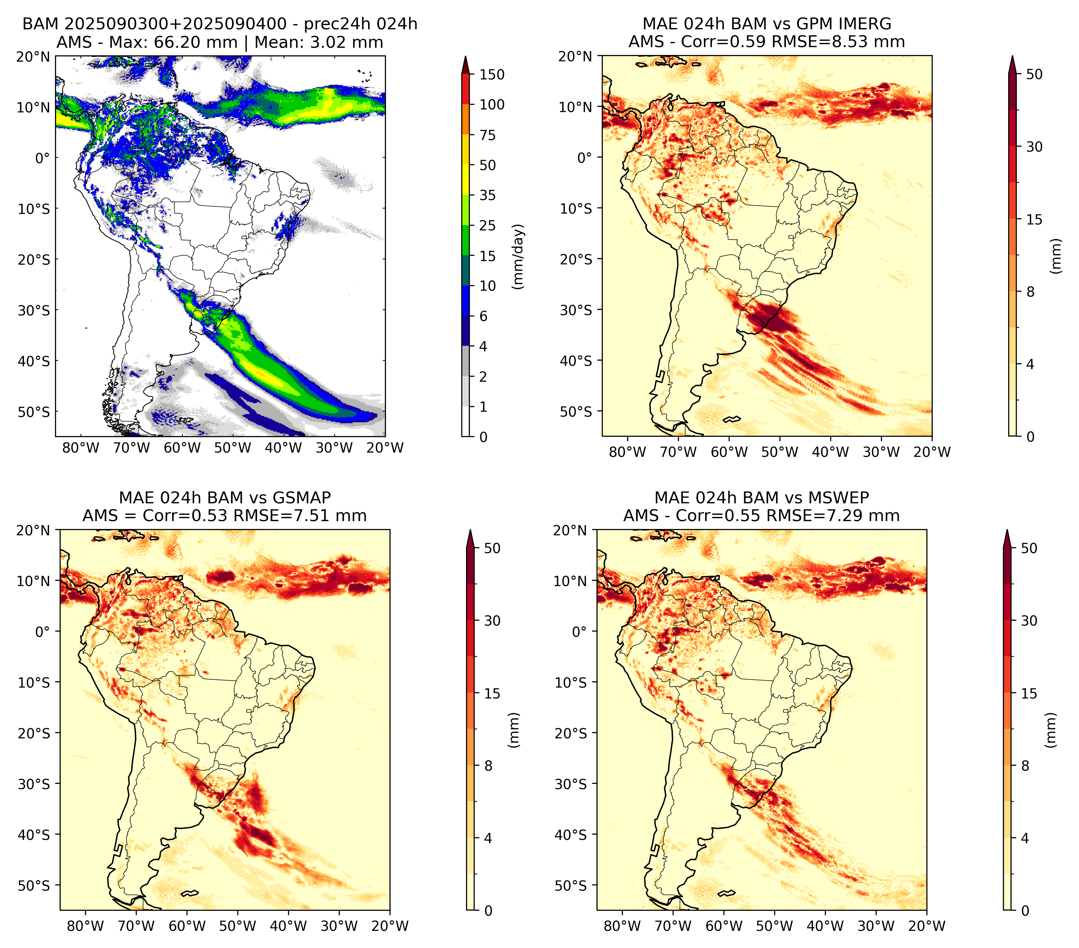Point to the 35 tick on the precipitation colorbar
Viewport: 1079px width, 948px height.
488,195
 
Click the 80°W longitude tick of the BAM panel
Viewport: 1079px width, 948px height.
81,448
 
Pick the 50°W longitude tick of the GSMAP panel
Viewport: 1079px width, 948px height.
238,926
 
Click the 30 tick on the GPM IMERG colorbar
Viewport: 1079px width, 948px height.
1034,147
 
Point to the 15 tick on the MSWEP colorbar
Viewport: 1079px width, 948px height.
1029,694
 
